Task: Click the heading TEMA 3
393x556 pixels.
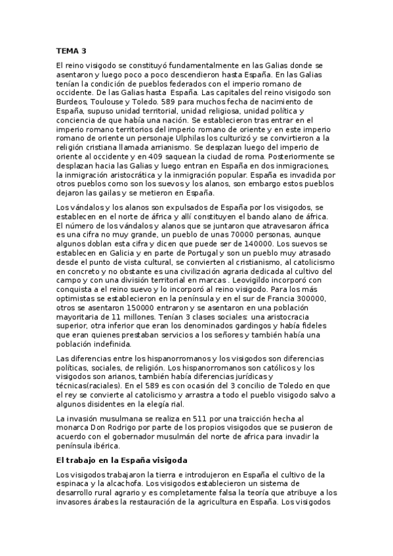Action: point(71,50)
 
